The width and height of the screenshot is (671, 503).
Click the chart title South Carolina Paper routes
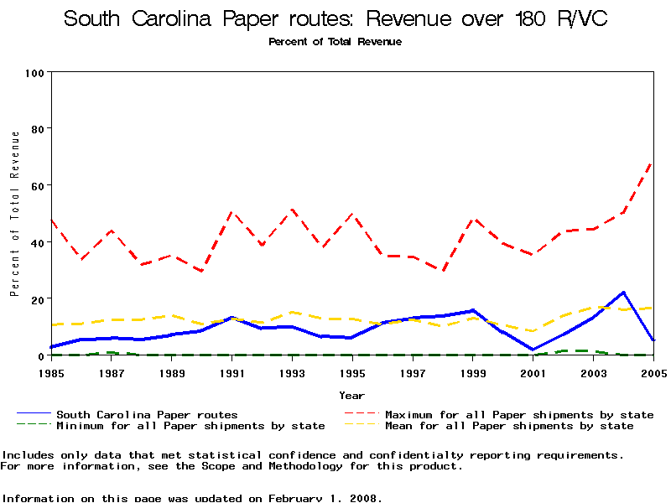(x=335, y=19)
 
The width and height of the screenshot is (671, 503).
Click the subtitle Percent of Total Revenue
(x=335, y=42)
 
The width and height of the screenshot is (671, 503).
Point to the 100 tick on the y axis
(x=34, y=73)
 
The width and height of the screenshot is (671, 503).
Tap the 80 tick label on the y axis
(x=37, y=129)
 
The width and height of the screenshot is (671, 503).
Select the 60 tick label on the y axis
(x=37, y=185)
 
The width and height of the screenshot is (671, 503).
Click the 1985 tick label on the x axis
(x=51, y=372)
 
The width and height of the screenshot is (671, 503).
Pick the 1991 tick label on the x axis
(x=231, y=372)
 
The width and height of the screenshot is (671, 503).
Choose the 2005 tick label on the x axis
(x=653, y=372)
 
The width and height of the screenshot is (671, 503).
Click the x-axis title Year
(x=351, y=395)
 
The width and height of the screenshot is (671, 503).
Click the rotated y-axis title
(x=14, y=226)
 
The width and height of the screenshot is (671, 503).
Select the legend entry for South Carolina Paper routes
(x=147, y=414)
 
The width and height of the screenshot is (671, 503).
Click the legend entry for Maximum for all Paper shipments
(x=519, y=414)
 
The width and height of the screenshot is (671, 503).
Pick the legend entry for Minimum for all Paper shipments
(x=190, y=426)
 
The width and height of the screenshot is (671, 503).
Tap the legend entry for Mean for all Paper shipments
(x=509, y=426)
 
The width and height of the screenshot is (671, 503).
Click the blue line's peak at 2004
(x=623, y=293)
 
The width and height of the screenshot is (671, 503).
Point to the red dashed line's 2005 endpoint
(x=653, y=162)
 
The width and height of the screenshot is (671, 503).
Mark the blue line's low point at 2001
(x=533, y=350)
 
